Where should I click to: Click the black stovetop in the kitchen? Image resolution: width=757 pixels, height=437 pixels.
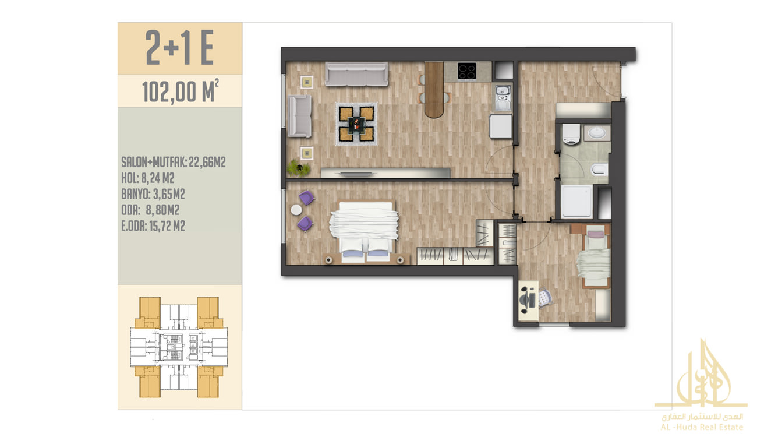[466, 71]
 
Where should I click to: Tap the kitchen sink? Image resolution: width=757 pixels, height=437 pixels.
[503, 97]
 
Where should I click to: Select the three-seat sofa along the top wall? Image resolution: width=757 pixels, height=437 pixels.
[356, 74]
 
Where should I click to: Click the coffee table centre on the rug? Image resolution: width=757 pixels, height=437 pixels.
[356, 124]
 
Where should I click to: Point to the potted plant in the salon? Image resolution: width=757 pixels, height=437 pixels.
[298, 168]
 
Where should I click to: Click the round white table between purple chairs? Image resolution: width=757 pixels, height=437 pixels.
[296, 210]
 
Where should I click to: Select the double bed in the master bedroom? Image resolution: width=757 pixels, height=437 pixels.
[365, 232]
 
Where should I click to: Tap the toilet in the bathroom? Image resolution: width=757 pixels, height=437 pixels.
[571, 134]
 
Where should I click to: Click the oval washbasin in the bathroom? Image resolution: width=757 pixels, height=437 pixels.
[597, 133]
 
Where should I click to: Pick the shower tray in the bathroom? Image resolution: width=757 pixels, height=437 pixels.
[577, 201]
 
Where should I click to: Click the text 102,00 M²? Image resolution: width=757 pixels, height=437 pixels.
[181, 91]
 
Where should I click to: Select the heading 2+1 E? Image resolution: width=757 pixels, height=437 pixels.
[180, 47]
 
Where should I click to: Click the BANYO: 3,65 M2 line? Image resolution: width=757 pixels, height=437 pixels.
[153, 194]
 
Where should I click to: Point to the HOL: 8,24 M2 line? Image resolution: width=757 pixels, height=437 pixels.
[148, 178]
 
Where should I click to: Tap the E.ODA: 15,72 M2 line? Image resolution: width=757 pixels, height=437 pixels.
[153, 226]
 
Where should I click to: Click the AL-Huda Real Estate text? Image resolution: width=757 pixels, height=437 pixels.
[702, 427]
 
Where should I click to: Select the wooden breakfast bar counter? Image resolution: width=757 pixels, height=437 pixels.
[434, 90]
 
